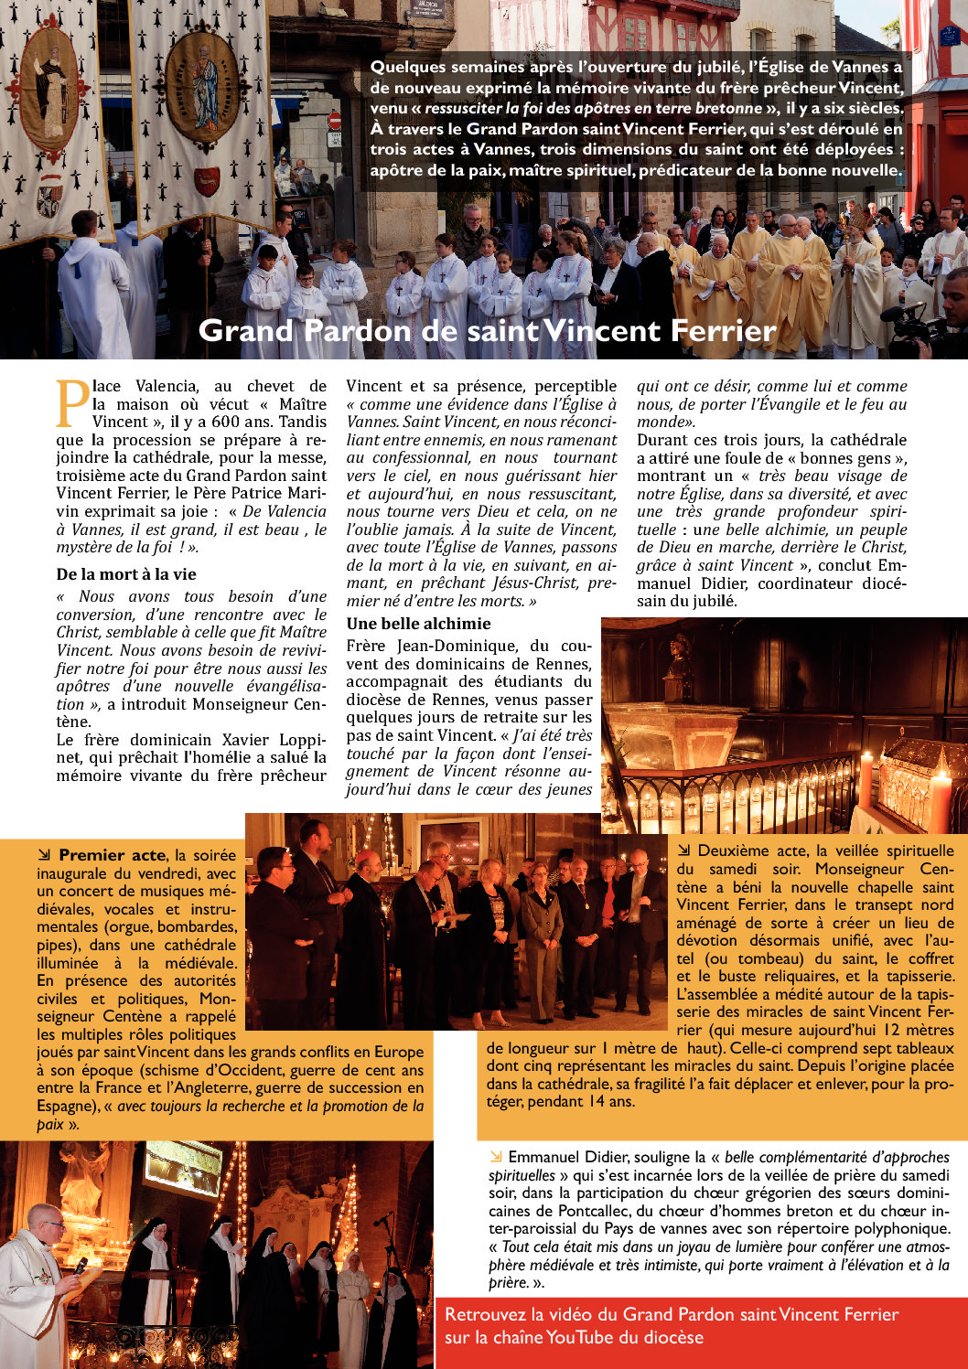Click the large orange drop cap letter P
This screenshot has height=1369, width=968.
tap(72, 402)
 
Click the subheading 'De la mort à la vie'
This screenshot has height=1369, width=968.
tap(126, 574)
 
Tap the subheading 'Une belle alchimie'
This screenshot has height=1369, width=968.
tap(418, 624)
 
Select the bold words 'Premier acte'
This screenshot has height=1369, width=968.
tap(112, 855)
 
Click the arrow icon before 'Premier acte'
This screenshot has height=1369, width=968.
tap(44, 855)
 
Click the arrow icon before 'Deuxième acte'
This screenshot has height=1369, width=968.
tap(683, 850)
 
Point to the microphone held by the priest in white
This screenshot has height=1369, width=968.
tap(81, 1266)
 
